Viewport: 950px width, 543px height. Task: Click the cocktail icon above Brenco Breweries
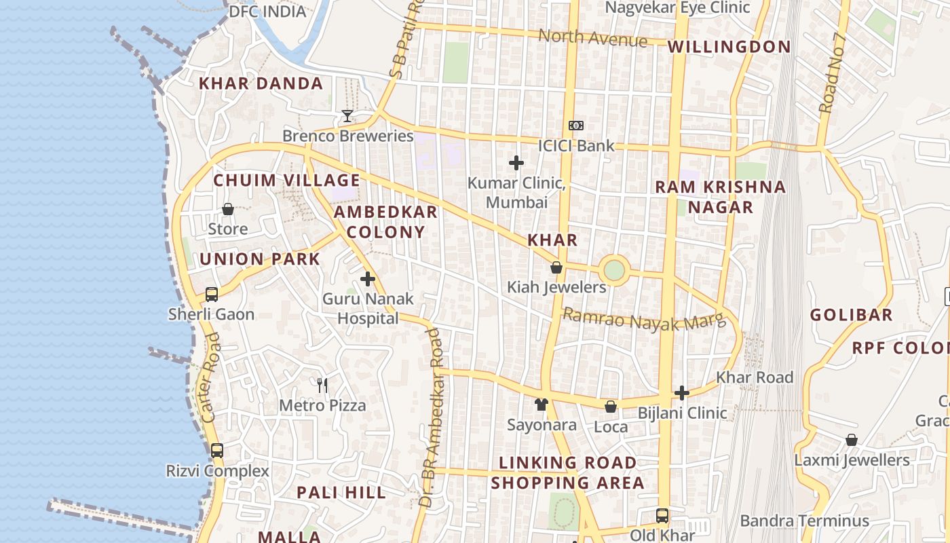(347, 116)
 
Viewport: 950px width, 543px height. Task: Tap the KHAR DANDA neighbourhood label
(261, 83)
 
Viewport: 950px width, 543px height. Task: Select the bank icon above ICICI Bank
(575, 126)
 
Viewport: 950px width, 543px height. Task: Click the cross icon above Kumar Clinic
(516, 163)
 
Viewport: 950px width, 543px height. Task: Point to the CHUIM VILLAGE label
(286, 181)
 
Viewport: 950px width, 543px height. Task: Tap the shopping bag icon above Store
(228, 209)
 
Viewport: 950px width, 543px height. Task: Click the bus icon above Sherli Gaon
(212, 295)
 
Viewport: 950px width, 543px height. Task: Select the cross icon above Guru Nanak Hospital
(368, 279)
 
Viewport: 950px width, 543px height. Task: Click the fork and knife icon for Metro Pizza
(322, 386)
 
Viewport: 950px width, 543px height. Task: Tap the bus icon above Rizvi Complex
(217, 451)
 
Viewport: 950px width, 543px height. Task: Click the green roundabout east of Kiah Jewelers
(613, 270)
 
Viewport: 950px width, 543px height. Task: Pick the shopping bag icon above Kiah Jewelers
(556, 267)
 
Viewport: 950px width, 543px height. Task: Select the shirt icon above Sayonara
(541, 405)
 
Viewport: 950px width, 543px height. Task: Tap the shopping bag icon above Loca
(611, 407)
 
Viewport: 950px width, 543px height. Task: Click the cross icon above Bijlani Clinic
(682, 393)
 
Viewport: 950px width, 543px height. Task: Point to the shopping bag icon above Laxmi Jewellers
(852, 440)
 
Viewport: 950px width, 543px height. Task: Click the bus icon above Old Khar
(662, 516)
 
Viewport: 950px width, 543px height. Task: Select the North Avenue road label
(592, 38)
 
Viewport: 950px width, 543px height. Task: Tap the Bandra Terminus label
(804, 521)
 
